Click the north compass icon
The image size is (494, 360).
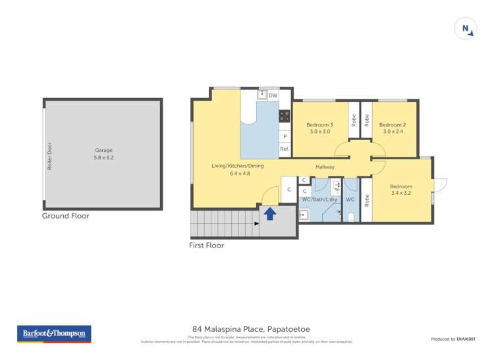[x=466, y=28]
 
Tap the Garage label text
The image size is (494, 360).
[x=103, y=150]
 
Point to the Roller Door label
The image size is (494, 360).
[x=49, y=157]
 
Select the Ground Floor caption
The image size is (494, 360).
[x=65, y=216]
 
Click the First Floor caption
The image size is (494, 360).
[x=206, y=245]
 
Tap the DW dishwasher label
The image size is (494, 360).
[x=273, y=95]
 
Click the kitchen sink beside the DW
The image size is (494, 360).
[x=261, y=95]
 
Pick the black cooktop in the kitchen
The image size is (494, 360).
[x=285, y=116]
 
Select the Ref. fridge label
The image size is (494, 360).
[x=285, y=149]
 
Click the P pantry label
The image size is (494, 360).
[x=285, y=136]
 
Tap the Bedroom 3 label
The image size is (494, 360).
[x=319, y=125]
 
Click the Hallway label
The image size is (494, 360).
[x=325, y=167]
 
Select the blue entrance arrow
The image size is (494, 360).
[x=269, y=213]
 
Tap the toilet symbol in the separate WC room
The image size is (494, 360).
[x=350, y=216]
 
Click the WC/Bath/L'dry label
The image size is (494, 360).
[x=319, y=199]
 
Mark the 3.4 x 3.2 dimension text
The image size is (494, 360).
[x=400, y=193]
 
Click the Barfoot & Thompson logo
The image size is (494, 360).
[x=54, y=334]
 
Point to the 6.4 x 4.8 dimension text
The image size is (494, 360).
[x=237, y=173]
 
